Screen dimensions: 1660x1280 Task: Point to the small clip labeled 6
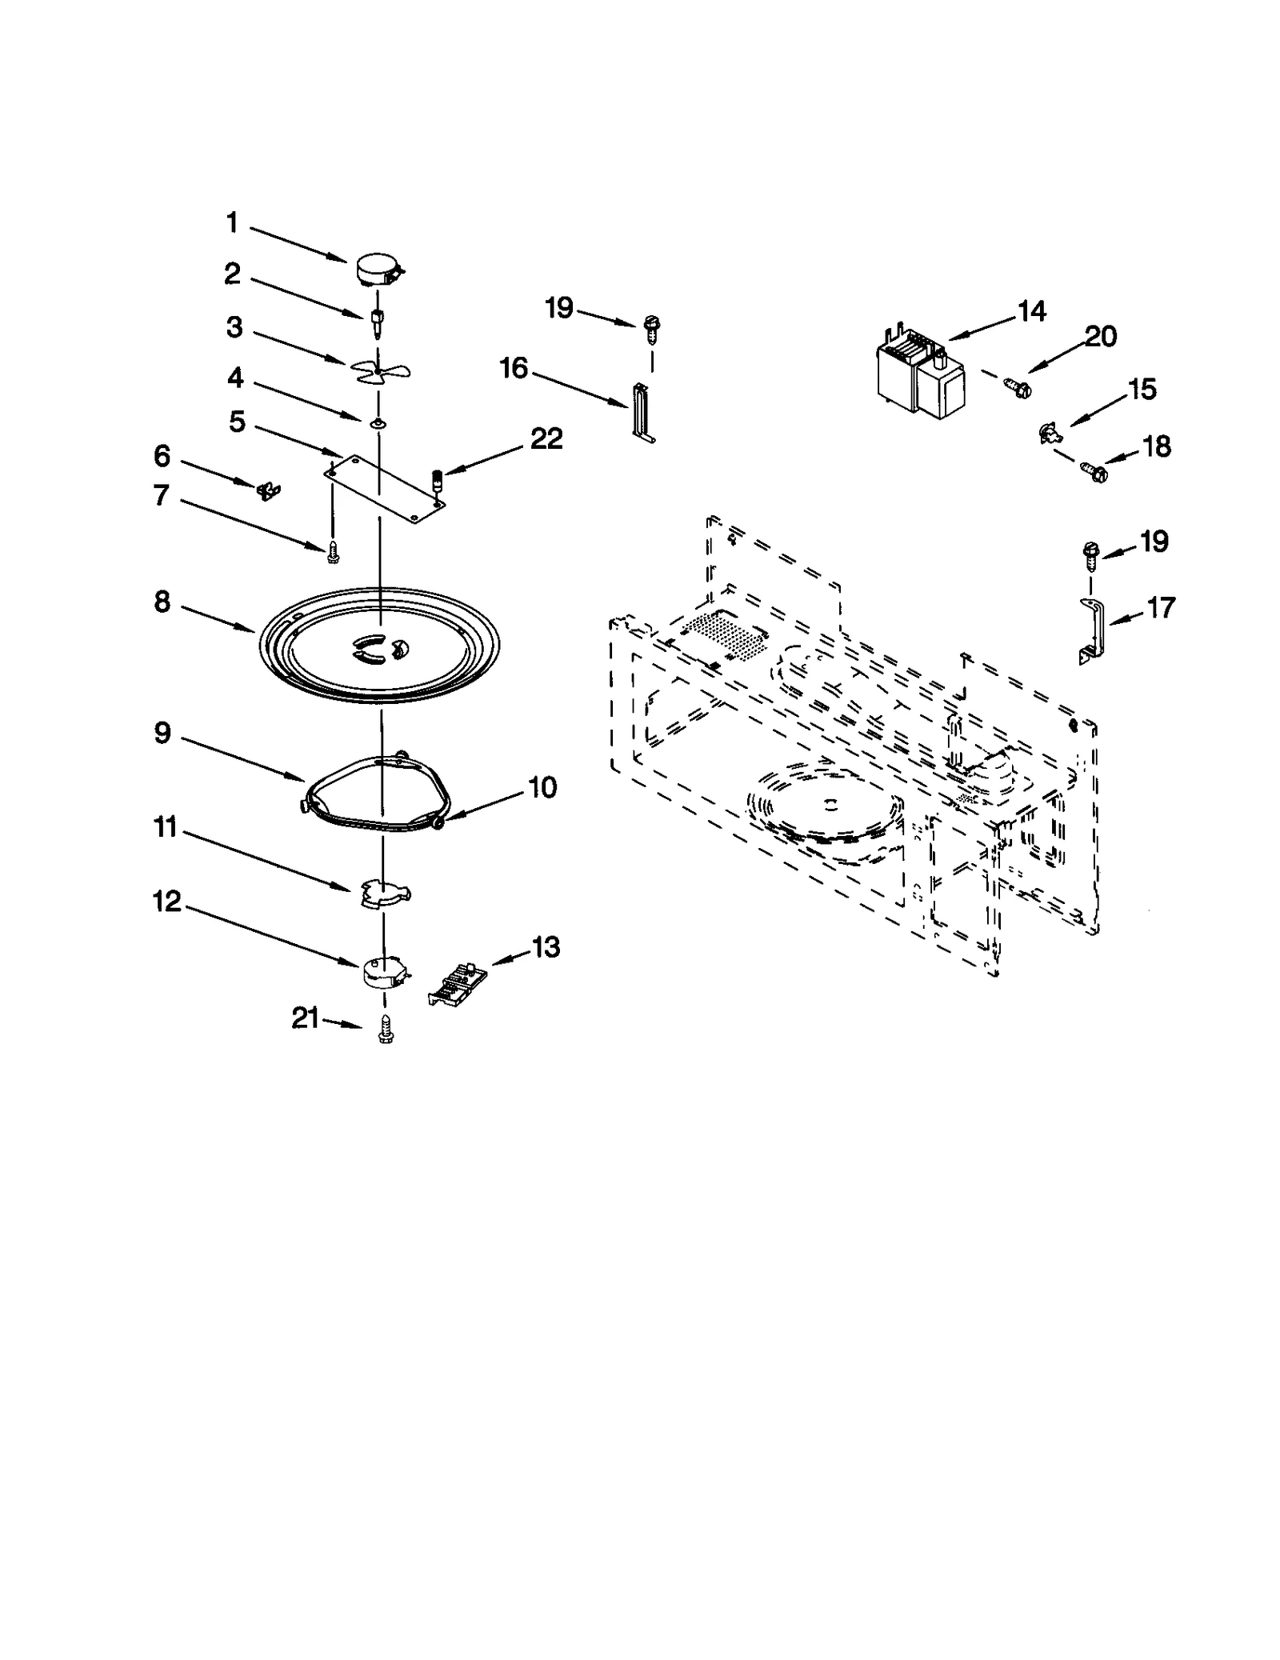click(x=266, y=490)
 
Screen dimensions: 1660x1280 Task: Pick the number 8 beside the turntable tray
click(x=162, y=602)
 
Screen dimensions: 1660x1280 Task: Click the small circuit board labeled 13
click(x=456, y=982)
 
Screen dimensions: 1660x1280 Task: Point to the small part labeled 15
click(x=1048, y=434)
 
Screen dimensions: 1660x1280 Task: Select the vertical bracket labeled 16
click(x=643, y=412)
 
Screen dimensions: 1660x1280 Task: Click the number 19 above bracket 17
click(x=1154, y=542)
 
